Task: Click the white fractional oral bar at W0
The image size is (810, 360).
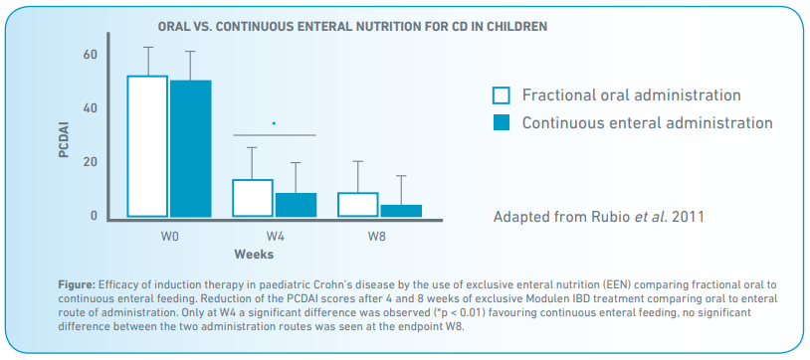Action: (x=147, y=146)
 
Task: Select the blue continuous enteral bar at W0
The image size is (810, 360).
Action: (x=191, y=149)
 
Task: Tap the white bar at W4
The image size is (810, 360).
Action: (x=253, y=198)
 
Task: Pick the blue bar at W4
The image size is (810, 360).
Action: (x=296, y=205)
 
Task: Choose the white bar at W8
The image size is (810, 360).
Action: (x=358, y=205)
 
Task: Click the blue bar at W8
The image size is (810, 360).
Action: (x=401, y=211)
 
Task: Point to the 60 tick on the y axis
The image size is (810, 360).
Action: (x=90, y=55)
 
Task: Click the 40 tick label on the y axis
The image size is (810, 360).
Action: (x=90, y=108)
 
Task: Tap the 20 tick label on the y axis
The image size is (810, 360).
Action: (x=90, y=162)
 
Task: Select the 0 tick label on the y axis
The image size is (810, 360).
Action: (x=94, y=216)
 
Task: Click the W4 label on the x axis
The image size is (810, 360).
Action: (x=275, y=237)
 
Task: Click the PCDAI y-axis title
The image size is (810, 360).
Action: (x=64, y=139)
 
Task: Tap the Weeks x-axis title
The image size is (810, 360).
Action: (x=254, y=255)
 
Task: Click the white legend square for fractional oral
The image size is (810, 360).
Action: (x=502, y=95)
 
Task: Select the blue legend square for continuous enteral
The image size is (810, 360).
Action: (x=502, y=122)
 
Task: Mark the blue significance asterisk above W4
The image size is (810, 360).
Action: (x=274, y=123)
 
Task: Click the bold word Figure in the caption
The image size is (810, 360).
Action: (x=76, y=285)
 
